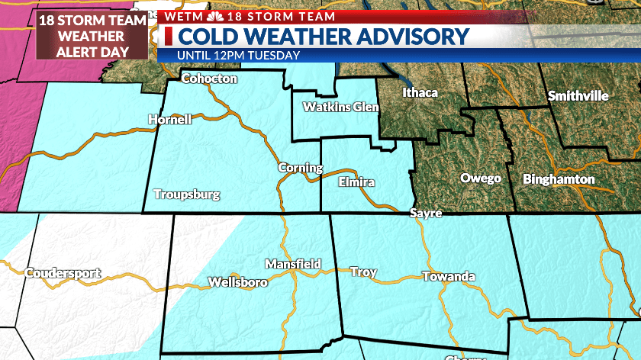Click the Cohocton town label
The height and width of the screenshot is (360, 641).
pyautogui.click(x=209, y=79)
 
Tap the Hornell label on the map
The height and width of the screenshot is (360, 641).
pyautogui.click(x=169, y=119)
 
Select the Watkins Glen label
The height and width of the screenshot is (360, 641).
pyautogui.click(x=340, y=107)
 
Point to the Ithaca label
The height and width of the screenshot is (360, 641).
pyautogui.click(x=420, y=93)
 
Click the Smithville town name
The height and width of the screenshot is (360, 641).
pyautogui.click(x=578, y=96)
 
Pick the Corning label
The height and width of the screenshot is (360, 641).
pyautogui.click(x=295, y=167)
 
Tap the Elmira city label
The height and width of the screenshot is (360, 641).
pyautogui.click(x=357, y=182)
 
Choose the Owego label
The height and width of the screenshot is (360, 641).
pyautogui.click(x=481, y=178)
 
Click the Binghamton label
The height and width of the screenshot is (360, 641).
pyautogui.click(x=559, y=180)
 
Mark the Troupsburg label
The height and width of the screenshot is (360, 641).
pyautogui.click(x=186, y=194)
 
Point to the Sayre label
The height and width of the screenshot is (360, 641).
pyautogui.click(x=425, y=214)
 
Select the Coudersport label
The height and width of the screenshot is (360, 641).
pyautogui.click(x=63, y=272)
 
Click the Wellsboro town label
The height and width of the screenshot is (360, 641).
pyautogui.click(x=237, y=283)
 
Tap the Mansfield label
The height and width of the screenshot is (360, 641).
pyautogui.click(x=292, y=264)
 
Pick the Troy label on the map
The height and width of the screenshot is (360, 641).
pyautogui.click(x=363, y=272)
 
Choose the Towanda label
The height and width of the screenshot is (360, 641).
pyautogui.click(x=449, y=276)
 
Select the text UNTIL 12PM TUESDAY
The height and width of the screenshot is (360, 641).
pyautogui.click(x=238, y=55)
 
